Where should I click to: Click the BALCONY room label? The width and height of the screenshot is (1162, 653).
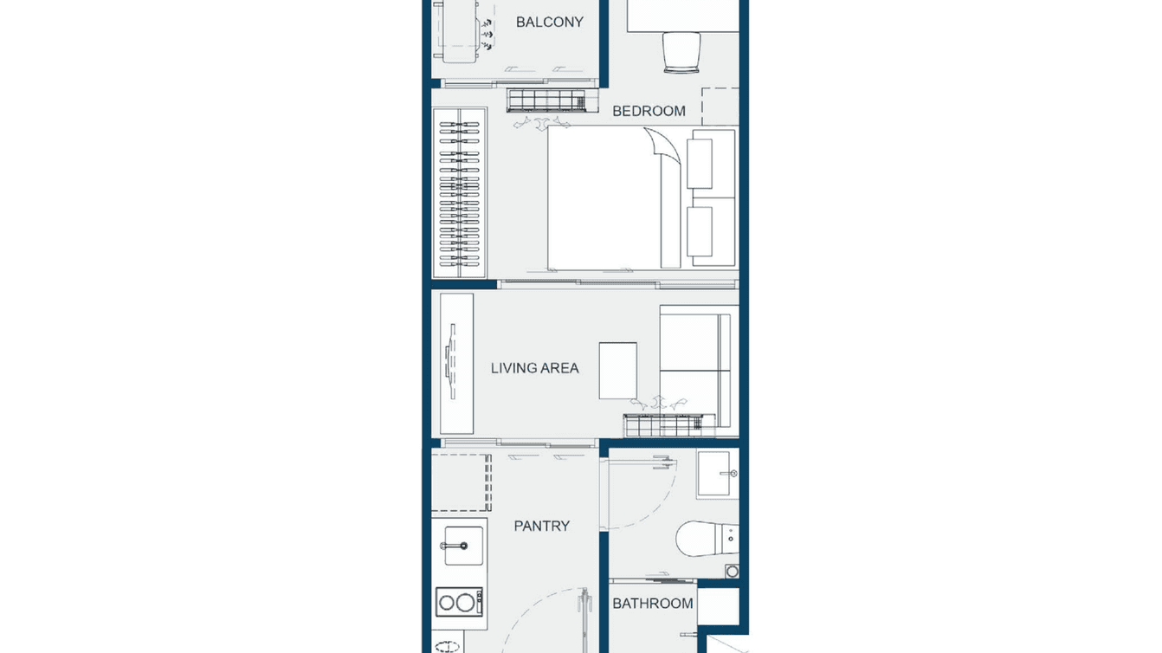point(549,22)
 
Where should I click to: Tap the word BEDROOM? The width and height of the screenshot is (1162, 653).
point(649,111)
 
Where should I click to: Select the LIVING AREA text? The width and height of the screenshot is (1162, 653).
point(534,368)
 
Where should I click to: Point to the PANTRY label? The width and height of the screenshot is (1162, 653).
point(541,526)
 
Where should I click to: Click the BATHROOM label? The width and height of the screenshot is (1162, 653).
point(652,604)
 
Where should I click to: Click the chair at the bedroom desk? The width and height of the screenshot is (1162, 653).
point(681,51)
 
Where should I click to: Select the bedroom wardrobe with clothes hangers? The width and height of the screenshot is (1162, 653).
point(459,193)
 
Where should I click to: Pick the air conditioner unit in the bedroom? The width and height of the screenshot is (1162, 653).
point(552,100)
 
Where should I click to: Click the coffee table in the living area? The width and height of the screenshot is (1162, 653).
point(617,371)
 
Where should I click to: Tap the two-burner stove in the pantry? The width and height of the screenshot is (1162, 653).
point(459,601)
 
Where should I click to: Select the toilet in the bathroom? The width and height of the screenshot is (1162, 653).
point(706,538)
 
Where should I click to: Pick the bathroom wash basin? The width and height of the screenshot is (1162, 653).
point(717,474)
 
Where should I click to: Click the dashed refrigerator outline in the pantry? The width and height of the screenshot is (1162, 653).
point(461,482)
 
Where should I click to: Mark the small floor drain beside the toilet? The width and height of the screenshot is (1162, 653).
point(733,572)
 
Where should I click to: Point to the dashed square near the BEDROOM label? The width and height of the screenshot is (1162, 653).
point(720,106)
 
